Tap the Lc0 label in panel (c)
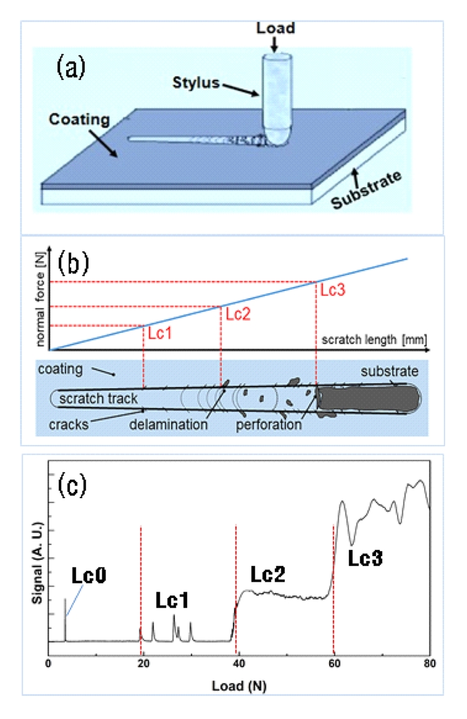[88, 576]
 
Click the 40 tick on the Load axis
[238, 663]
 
